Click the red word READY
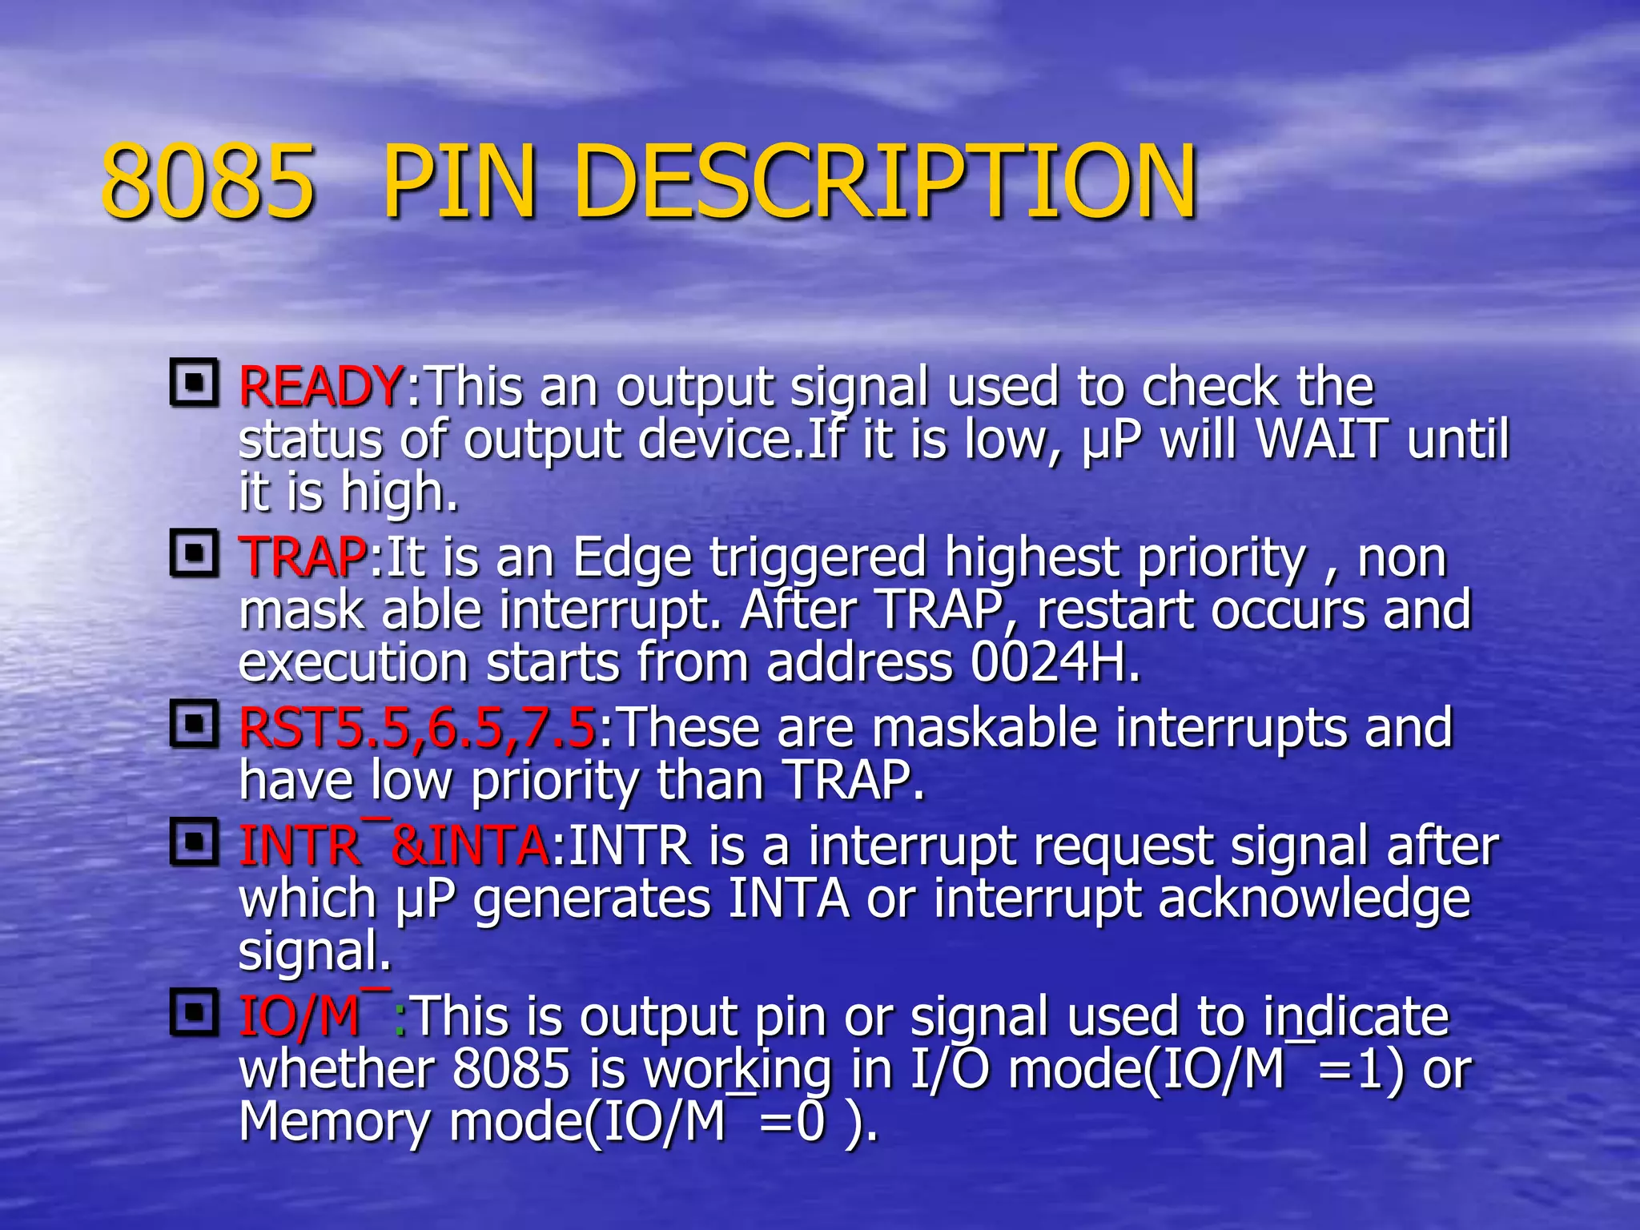point(321,387)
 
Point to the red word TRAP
point(303,557)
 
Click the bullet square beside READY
point(194,383)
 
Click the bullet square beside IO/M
point(194,1013)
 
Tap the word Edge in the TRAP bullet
point(633,559)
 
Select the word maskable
point(984,728)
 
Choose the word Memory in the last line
point(335,1122)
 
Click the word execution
point(353,663)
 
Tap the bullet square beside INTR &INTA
point(194,842)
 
